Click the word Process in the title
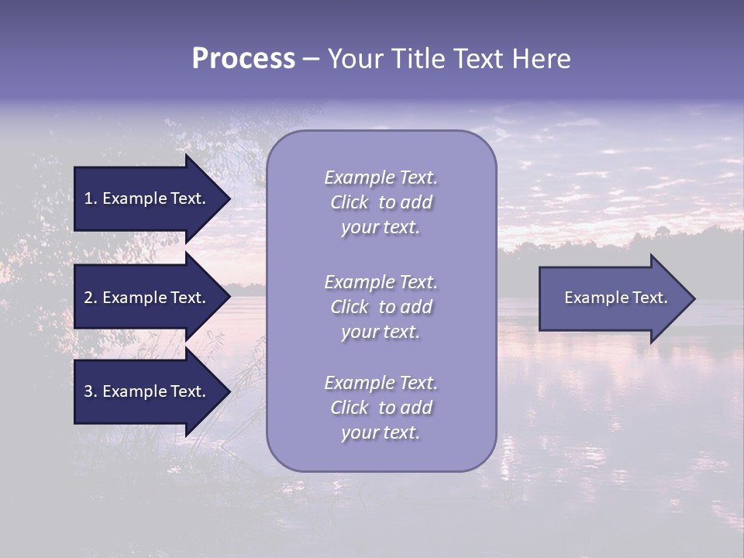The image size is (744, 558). (x=243, y=59)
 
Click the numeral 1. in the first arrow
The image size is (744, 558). (x=91, y=198)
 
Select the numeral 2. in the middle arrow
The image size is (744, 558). (x=91, y=298)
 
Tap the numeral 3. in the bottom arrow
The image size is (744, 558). (x=91, y=391)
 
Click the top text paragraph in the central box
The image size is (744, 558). (x=381, y=202)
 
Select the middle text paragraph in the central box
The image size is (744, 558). (x=381, y=307)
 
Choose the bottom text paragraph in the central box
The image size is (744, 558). (x=381, y=408)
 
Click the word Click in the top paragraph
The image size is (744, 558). (x=349, y=202)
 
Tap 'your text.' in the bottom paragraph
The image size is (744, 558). (x=381, y=432)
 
